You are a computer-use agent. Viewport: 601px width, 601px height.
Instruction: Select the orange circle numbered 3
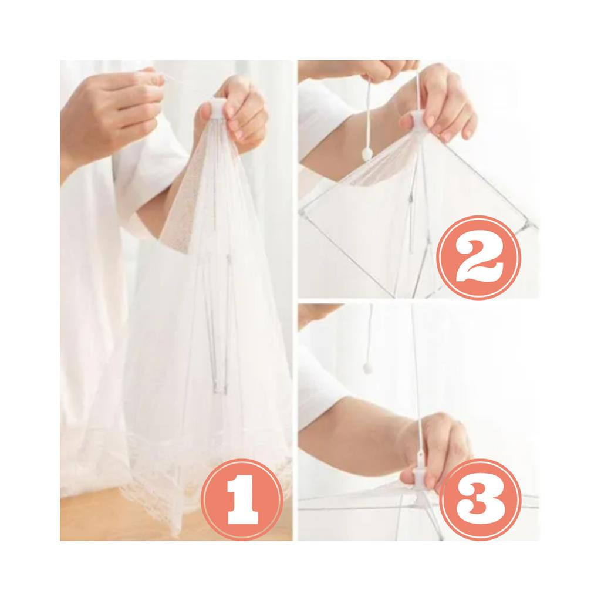(480, 499)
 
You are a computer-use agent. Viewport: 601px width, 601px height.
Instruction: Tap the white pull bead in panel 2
(368, 154)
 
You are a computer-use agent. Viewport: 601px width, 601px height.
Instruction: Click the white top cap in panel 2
(418, 119)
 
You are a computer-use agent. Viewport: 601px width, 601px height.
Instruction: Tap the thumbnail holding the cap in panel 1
(204, 112)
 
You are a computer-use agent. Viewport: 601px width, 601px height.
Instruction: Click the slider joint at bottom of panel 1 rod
(218, 386)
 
